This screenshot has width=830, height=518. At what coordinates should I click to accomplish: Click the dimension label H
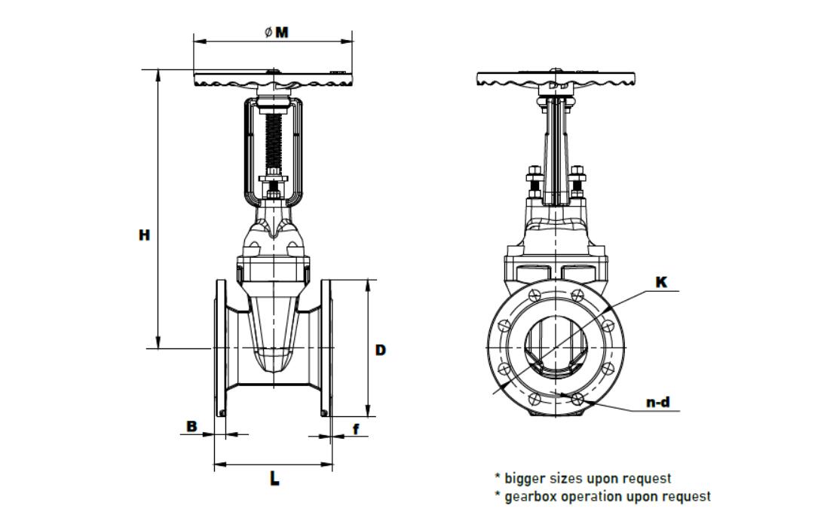(144, 235)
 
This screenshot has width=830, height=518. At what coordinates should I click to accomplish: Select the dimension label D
(381, 350)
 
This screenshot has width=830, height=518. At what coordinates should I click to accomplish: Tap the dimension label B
(191, 427)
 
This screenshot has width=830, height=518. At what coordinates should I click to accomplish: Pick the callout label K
(661, 283)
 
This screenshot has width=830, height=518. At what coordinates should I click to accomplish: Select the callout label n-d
(658, 403)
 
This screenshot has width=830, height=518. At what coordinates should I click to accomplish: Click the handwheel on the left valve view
(273, 80)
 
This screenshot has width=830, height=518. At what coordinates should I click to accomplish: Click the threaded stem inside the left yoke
(273, 143)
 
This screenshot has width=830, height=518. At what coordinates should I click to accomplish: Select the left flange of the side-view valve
(220, 348)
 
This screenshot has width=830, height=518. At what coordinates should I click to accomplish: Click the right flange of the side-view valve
(326, 348)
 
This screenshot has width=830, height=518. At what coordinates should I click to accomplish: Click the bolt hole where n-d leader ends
(578, 398)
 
